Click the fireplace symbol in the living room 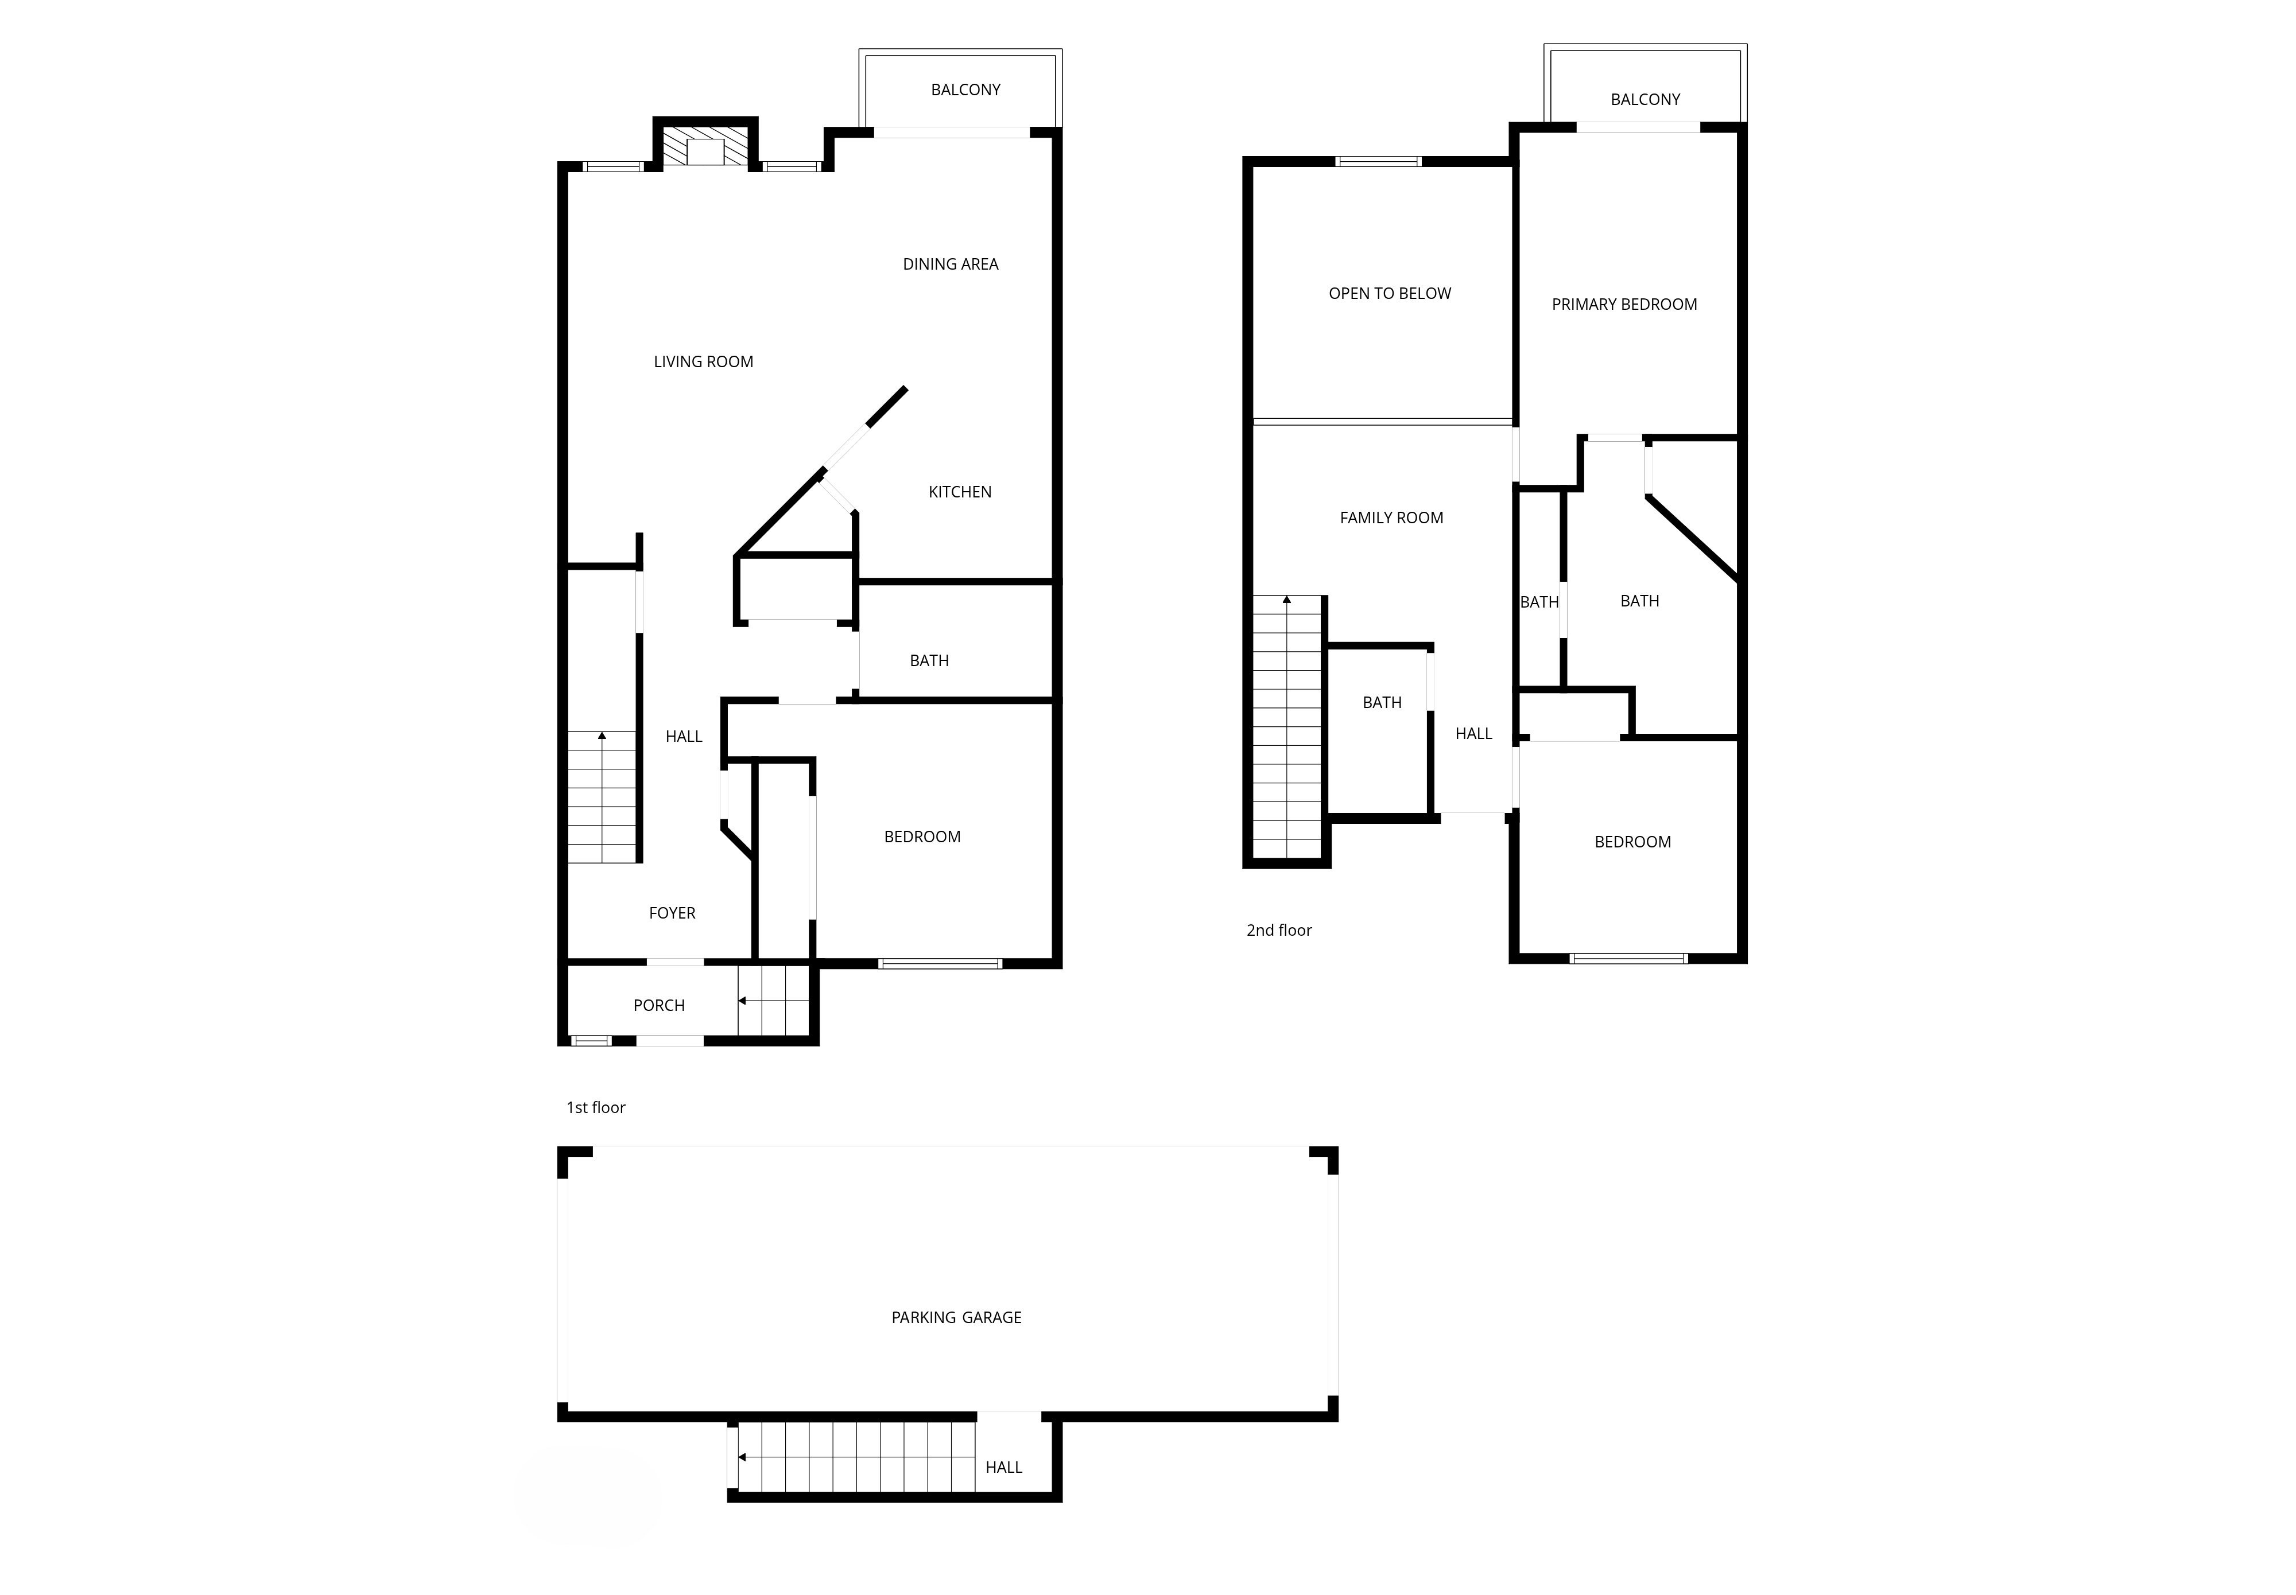[705, 146]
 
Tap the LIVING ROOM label [704, 362]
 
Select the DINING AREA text [951, 264]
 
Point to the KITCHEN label [960, 492]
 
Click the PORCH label [659, 1005]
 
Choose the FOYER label [672, 912]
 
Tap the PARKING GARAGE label [957, 1317]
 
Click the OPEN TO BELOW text [1390, 293]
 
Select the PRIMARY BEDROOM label [1624, 304]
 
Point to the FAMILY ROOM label [1391, 518]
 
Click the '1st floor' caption [596, 1107]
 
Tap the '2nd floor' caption [1278, 931]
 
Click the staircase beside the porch [774, 1001]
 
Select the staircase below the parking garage [856, 1457]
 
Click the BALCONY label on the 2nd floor [1645, 99]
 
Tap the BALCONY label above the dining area [965, 90]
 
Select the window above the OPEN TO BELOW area [1378, 161]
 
